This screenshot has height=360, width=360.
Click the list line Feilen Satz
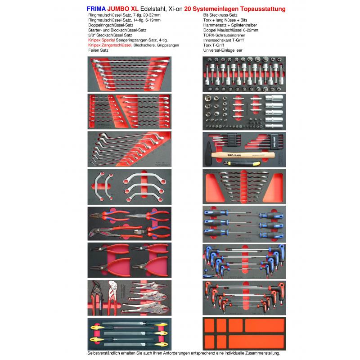click(99, 50)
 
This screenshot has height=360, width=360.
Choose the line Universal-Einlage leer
click(223, 50)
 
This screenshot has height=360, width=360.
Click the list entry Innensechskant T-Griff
click(223, 40)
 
